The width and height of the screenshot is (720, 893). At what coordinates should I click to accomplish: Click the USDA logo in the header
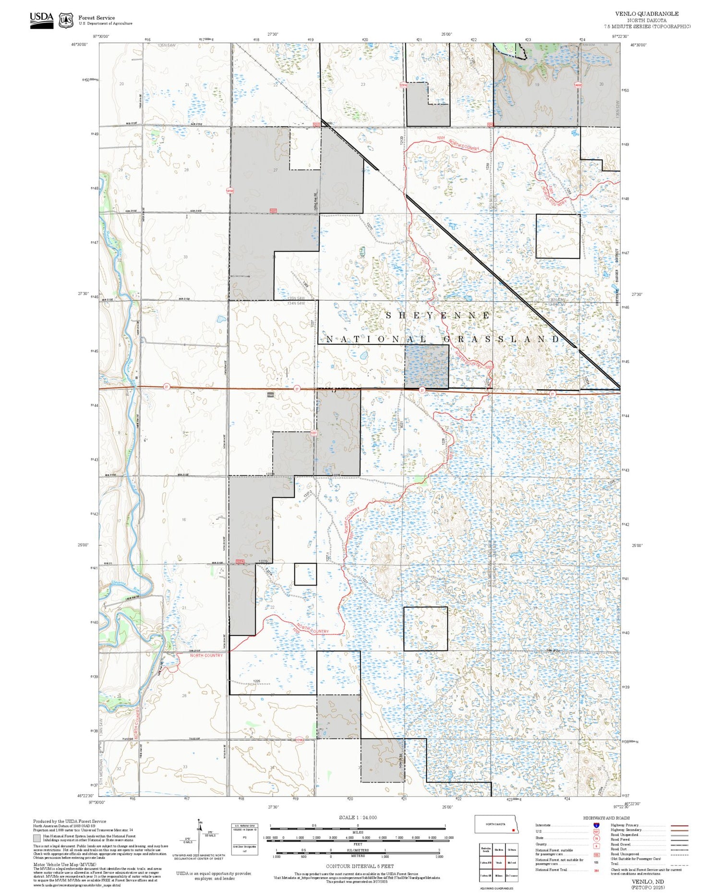click(x=41, y=20)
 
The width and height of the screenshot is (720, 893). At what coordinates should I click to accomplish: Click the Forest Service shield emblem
click(x=66, y=21)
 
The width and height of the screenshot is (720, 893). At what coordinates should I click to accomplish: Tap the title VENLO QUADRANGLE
click(x=647, y=14)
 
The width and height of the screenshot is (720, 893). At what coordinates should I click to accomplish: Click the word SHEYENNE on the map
click(x=438, y=316)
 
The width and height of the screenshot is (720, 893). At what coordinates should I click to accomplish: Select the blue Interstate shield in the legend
click(x=596, y=825)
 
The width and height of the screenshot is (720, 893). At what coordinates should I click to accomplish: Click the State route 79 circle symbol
click(x=596, y=838)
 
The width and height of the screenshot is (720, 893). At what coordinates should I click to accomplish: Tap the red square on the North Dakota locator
click(x=513, y=830)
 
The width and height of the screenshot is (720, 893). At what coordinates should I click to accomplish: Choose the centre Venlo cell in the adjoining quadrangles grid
click(x=499, y=862)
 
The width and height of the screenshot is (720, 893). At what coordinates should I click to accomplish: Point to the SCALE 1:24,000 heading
click(x=358, y=817)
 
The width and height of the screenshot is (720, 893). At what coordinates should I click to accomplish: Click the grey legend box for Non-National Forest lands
click(x=37, y=838)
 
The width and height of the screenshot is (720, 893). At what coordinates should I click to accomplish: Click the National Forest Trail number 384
click(x=596, y=870)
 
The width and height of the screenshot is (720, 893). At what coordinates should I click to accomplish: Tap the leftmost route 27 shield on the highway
click(x=166, y=387)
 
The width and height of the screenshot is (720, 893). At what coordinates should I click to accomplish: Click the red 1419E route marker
click(x=230, y=191)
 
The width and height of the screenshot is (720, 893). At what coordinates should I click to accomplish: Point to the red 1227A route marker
click(x=240, y=562)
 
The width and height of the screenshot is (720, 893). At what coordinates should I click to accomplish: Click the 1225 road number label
click(x=256, y=681)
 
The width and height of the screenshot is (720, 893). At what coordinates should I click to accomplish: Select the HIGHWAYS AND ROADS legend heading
click(x=606, y=818)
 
